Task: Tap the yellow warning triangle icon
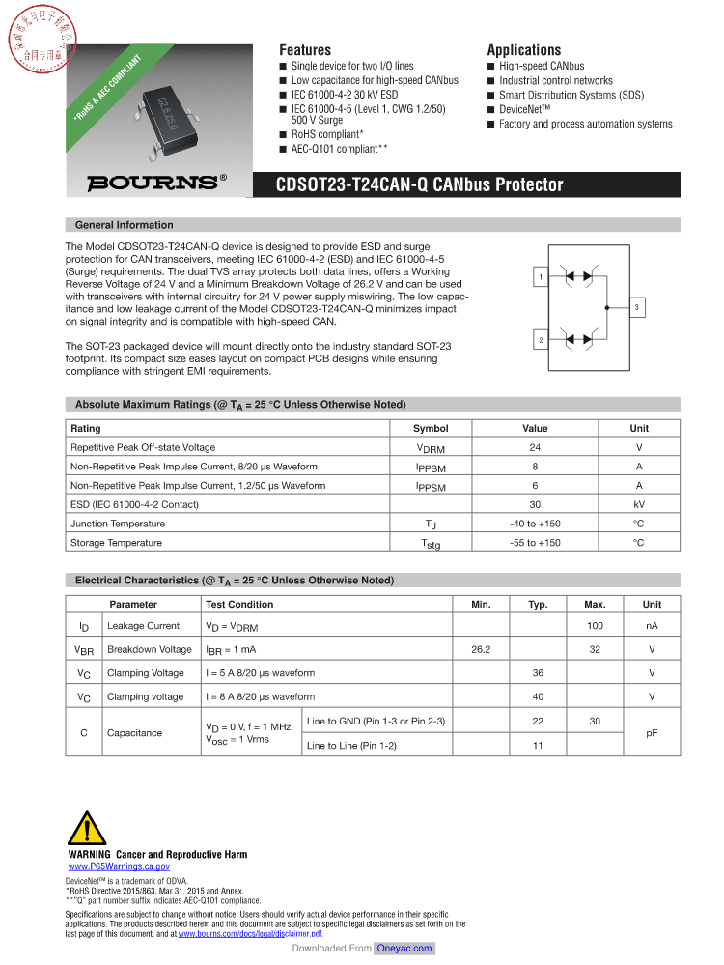[x=88, y=830]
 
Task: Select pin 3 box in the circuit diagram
[x=637, y=308]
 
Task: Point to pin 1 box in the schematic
[x=542, y=278]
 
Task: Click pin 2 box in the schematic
[x=542, y=340]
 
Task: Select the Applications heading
[x=523, y=50]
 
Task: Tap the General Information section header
[x=125, y=225]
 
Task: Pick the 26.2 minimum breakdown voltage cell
[x=481, y=649]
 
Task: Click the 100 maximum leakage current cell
[x=595, y=626]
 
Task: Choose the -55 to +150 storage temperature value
[x=535, y=543]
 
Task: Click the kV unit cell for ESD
[x=638, y=504]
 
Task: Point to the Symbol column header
[x=431, y=428]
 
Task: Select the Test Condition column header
[x=239, y=604]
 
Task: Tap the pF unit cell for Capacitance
[x=652, y=733]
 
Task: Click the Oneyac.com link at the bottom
[x=404, y=949]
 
